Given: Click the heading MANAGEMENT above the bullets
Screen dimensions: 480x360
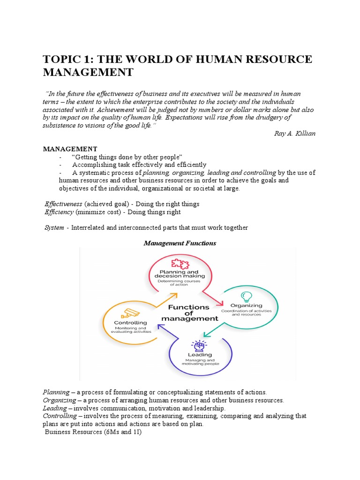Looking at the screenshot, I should [70, 149].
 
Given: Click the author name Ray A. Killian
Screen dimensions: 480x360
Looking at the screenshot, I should [294, 133].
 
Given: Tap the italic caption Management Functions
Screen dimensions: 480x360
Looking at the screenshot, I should [180, 243].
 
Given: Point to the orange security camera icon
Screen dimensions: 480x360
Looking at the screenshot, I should [130, 313].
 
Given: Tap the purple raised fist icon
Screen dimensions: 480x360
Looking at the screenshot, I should [200, 346].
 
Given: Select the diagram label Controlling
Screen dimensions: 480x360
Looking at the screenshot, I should [130, 322].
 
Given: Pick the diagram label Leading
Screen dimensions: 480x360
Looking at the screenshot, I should [200, 355].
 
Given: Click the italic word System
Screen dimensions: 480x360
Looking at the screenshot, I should [54, 227].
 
